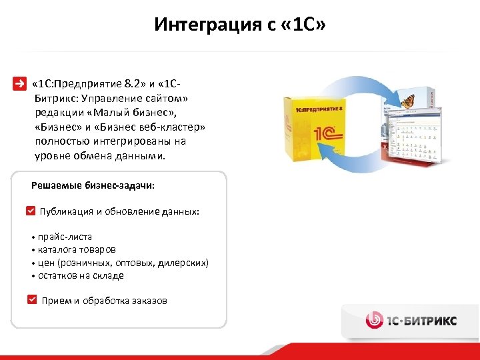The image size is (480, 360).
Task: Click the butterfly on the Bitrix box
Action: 407,101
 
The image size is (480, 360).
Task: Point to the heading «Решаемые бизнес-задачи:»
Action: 93,185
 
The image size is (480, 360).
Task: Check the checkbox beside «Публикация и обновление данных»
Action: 31,211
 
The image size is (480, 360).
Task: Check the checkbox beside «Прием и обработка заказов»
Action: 32,300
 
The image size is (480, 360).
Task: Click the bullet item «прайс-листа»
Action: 65,237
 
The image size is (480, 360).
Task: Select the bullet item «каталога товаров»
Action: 76,249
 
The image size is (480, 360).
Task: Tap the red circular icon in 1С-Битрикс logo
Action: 374,320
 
